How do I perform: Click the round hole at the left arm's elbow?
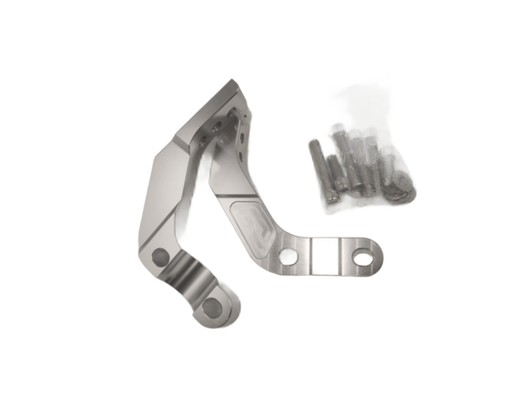coord(162,256)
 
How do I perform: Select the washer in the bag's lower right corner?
coord(398,191)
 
